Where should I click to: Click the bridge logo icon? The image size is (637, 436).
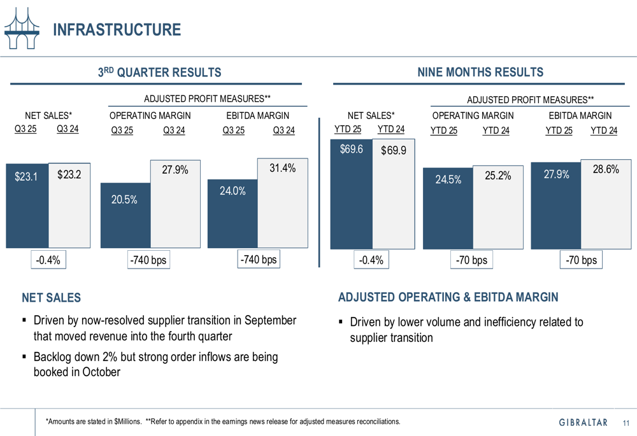(x=21, y=29)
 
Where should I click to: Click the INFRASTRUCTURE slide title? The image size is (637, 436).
(x=116, y=30)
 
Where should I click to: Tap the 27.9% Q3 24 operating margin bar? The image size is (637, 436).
(x=175, y=204)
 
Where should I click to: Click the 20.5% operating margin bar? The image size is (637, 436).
(x=125, y=216)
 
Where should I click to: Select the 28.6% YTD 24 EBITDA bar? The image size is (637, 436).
(x=606, y=204)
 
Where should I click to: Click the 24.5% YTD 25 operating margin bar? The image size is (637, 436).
(x=448, y=210)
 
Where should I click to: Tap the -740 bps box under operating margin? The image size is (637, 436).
(x=147, y=260)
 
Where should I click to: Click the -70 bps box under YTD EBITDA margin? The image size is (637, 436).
(x=581, y=260)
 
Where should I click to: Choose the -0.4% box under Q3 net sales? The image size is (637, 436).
(x=48, y=260)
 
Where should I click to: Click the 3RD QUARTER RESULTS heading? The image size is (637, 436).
(x=159, y=73)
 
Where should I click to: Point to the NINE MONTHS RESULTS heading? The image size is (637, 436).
(x=480, y=72)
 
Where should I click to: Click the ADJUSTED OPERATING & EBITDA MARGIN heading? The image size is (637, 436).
(x=448, y=297)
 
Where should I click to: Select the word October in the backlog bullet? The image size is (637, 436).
(x=101, y=372)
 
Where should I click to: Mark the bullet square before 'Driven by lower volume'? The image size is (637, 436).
(x=341, y=322)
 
